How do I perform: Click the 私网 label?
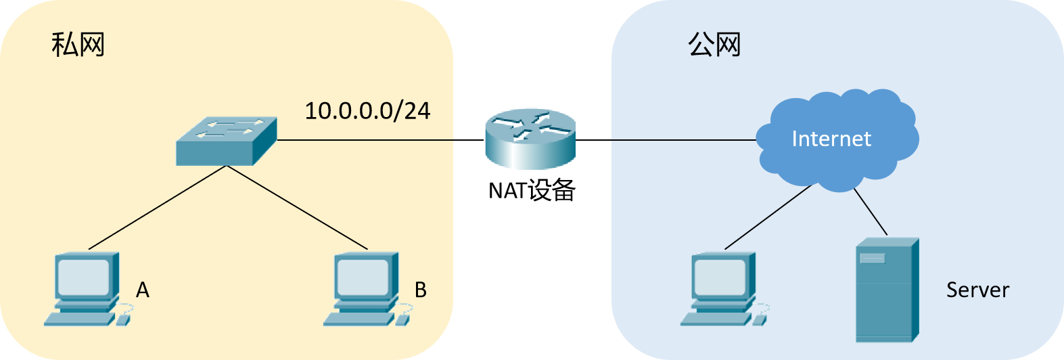(78, 45)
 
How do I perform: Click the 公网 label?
(714, 45)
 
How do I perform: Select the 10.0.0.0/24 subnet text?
(367, 110)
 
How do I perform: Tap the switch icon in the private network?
(227, 141)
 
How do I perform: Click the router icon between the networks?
(530, 140)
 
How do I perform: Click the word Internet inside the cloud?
(831, 139)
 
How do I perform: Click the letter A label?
(143, 290)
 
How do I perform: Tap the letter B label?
(420, 290)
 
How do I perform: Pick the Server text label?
(977, 290)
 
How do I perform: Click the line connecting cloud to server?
(870, 211)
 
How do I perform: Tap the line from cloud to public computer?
(768, 217)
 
